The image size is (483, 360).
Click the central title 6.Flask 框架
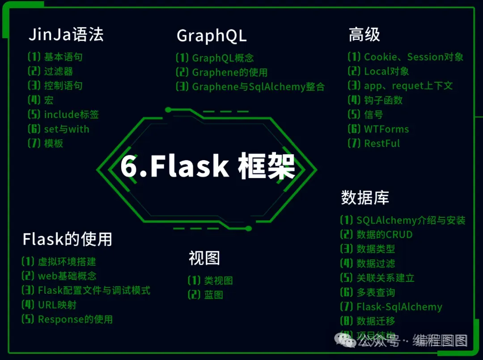click(x=208, y=167)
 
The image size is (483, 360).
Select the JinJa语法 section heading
click(x=66, y=35)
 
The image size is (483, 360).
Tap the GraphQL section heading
click(x=212, y=36)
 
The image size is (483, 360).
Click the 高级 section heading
click(x=364, y=35)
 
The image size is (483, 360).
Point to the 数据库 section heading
click(x=365, y=197)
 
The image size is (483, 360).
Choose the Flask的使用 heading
click(x=67, y=239)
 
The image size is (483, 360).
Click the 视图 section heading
click(x=204, y=258)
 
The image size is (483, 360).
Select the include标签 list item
click(x=71, y=114)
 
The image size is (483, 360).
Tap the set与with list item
click(x=66, y=129)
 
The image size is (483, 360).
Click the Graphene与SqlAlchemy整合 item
click(x=258, y=87)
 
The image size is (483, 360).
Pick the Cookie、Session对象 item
click(x=413, y=57)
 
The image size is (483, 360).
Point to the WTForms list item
click(x=386, y=129)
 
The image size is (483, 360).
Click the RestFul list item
click(x=382, y=144)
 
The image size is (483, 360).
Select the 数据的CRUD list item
click(x=384, y=234)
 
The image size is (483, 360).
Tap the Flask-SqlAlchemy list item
click(x=399, y=307)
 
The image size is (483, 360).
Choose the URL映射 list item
click(x=57, y=305)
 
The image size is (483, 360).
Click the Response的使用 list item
click(x=75, y=319)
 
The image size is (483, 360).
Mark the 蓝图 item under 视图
click(x=213, y=295)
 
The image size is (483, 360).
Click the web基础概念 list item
click(x=67, y=276)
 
